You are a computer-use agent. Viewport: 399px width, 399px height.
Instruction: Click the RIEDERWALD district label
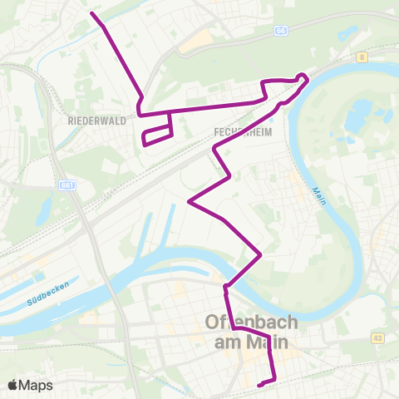98,120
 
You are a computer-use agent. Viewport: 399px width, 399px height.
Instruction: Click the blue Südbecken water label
47,299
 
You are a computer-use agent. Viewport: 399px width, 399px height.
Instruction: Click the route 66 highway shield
281,30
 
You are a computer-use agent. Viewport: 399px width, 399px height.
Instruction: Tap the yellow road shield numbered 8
363,57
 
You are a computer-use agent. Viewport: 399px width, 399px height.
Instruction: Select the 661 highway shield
67,185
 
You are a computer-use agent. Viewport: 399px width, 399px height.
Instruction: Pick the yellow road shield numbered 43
377,337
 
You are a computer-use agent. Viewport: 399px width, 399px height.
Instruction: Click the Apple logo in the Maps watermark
13,385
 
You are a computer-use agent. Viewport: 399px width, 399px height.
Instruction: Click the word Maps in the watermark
37,385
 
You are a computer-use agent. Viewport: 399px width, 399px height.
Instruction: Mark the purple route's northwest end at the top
91,13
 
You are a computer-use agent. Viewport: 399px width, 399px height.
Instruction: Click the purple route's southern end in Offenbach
260,384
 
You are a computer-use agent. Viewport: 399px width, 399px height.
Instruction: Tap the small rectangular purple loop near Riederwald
157,135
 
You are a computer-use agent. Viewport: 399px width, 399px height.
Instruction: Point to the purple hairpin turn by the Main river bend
305,79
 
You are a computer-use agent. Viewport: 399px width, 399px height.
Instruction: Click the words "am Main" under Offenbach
246,342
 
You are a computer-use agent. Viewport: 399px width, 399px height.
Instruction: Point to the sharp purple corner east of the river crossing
260,254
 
